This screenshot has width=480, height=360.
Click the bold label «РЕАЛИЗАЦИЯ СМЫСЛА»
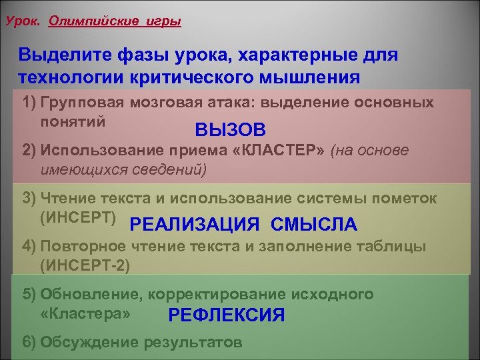(x=244, y=225)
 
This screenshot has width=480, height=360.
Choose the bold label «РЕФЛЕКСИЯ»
(x=227, y=315)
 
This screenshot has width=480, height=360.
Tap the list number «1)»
(x=29, y=103)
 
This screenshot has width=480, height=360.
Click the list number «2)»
(x=29, y=151)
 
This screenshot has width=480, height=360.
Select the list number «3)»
(x=29, y=199)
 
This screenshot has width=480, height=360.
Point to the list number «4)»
(x=29, y=247)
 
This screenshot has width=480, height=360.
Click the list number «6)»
(x=29, y=343)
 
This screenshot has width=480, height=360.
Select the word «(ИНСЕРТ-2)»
(x=85, y=265)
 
